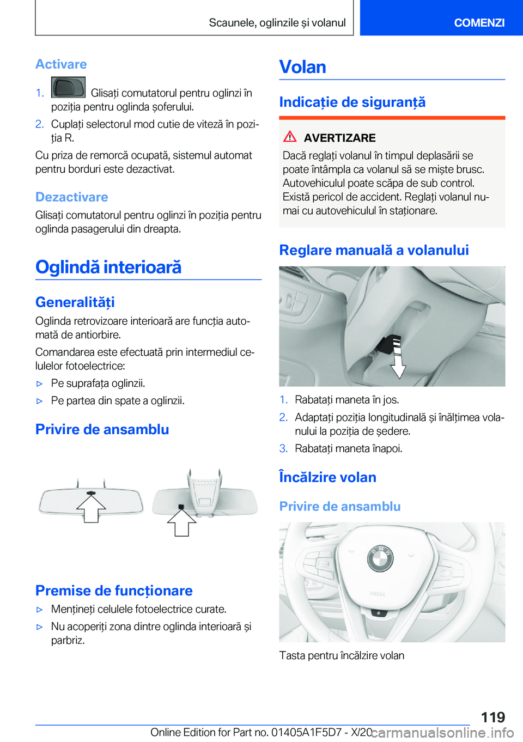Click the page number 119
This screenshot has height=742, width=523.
point(493,717)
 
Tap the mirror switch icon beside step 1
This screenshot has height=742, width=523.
point(68,88)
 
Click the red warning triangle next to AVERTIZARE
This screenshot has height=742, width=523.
point(290,137)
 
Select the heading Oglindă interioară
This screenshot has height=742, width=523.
point(108,267)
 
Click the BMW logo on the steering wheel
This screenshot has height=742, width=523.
point(381,558)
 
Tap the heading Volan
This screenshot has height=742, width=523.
point(303,66)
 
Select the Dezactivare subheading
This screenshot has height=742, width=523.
point(72,197)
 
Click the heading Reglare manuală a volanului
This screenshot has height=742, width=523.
point(374,250)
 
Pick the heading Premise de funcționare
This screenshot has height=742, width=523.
point(114,591)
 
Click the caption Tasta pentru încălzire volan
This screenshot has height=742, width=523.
point(342,655)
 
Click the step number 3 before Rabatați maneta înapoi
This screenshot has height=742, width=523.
point(283,448)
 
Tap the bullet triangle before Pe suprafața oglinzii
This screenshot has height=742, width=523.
point(39,384)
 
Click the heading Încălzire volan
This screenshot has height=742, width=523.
point(327,477)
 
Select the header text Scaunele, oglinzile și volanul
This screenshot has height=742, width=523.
point(277,22)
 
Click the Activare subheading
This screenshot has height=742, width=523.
point(61,64)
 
